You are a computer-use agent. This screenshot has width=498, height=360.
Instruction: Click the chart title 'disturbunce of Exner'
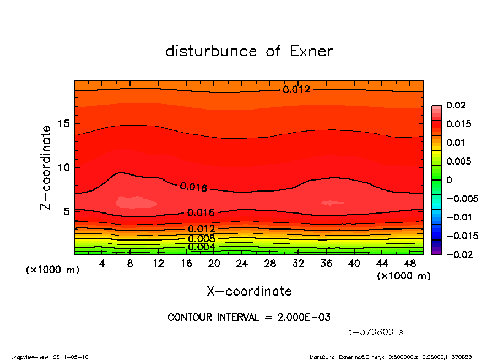pyautogui.click(x=249, y=51)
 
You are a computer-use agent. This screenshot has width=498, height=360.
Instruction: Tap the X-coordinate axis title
pyautogui.click(x=249, y=291)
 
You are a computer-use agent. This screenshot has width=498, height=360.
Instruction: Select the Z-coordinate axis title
pyautogui.click(x=46, y=167)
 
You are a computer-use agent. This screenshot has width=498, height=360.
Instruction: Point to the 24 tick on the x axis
pyautogui.click(x=242, y=264)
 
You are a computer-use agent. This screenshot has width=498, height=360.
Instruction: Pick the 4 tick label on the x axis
pyautogui.click(x=102, y=264)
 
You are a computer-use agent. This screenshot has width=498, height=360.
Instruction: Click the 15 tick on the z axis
pyautogui.click(x=64, y=124)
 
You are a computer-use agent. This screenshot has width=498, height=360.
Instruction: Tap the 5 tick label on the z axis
pyautogui.click(x=67, y=211)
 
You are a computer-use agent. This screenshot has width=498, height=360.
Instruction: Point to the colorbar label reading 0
pyautogui.click(x=449, y=180)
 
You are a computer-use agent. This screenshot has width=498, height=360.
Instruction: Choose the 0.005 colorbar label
pyautogui.click(x=457, y=161)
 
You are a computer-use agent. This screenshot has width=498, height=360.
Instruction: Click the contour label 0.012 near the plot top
pyautogui.click(x=296, y=89)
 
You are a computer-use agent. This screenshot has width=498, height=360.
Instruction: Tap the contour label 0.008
pyautogui.click(x=201, y=238)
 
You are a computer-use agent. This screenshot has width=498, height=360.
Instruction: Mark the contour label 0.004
pyautogui.click(x=201, y=247)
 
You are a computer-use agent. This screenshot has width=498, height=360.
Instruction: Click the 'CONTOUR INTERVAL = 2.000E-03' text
pyautogui.click(x=249, y=318)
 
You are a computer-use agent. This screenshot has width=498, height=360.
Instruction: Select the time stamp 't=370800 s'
pyautogui.click(x=376, y=332)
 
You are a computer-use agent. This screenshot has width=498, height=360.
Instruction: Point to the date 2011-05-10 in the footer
pyautogui.click(x=71, y=357)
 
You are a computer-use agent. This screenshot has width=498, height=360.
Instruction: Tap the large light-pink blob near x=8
pyautogui.click(x=136, y=202)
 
